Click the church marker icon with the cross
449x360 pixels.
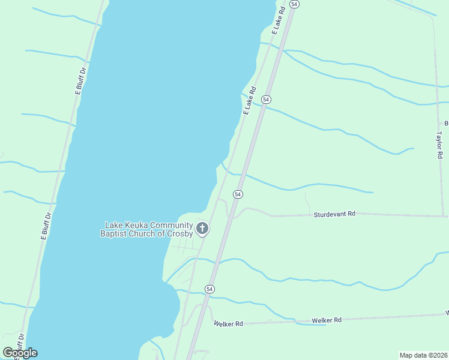pos(203,228)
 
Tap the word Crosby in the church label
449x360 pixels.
pos(179,233)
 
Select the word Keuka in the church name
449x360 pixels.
pos(136,225)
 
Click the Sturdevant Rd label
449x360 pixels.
pos(334,214)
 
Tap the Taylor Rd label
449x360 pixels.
pos(439,145)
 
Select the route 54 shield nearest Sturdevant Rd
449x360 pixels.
pos(238,194)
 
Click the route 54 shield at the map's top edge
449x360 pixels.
pos(294,4)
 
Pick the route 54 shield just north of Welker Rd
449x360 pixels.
pos(209,289)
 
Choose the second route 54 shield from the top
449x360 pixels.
pos(267,99)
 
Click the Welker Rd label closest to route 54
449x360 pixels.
pos(228,324)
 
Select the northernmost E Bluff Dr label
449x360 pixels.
pos(80,80)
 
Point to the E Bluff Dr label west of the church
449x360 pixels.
pos(46,226)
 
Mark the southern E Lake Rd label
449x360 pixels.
pos(249,101)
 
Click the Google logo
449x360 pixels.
pos(20,353)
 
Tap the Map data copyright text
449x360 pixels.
pos(424,355)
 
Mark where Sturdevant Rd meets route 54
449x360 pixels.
pos(231,216)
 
